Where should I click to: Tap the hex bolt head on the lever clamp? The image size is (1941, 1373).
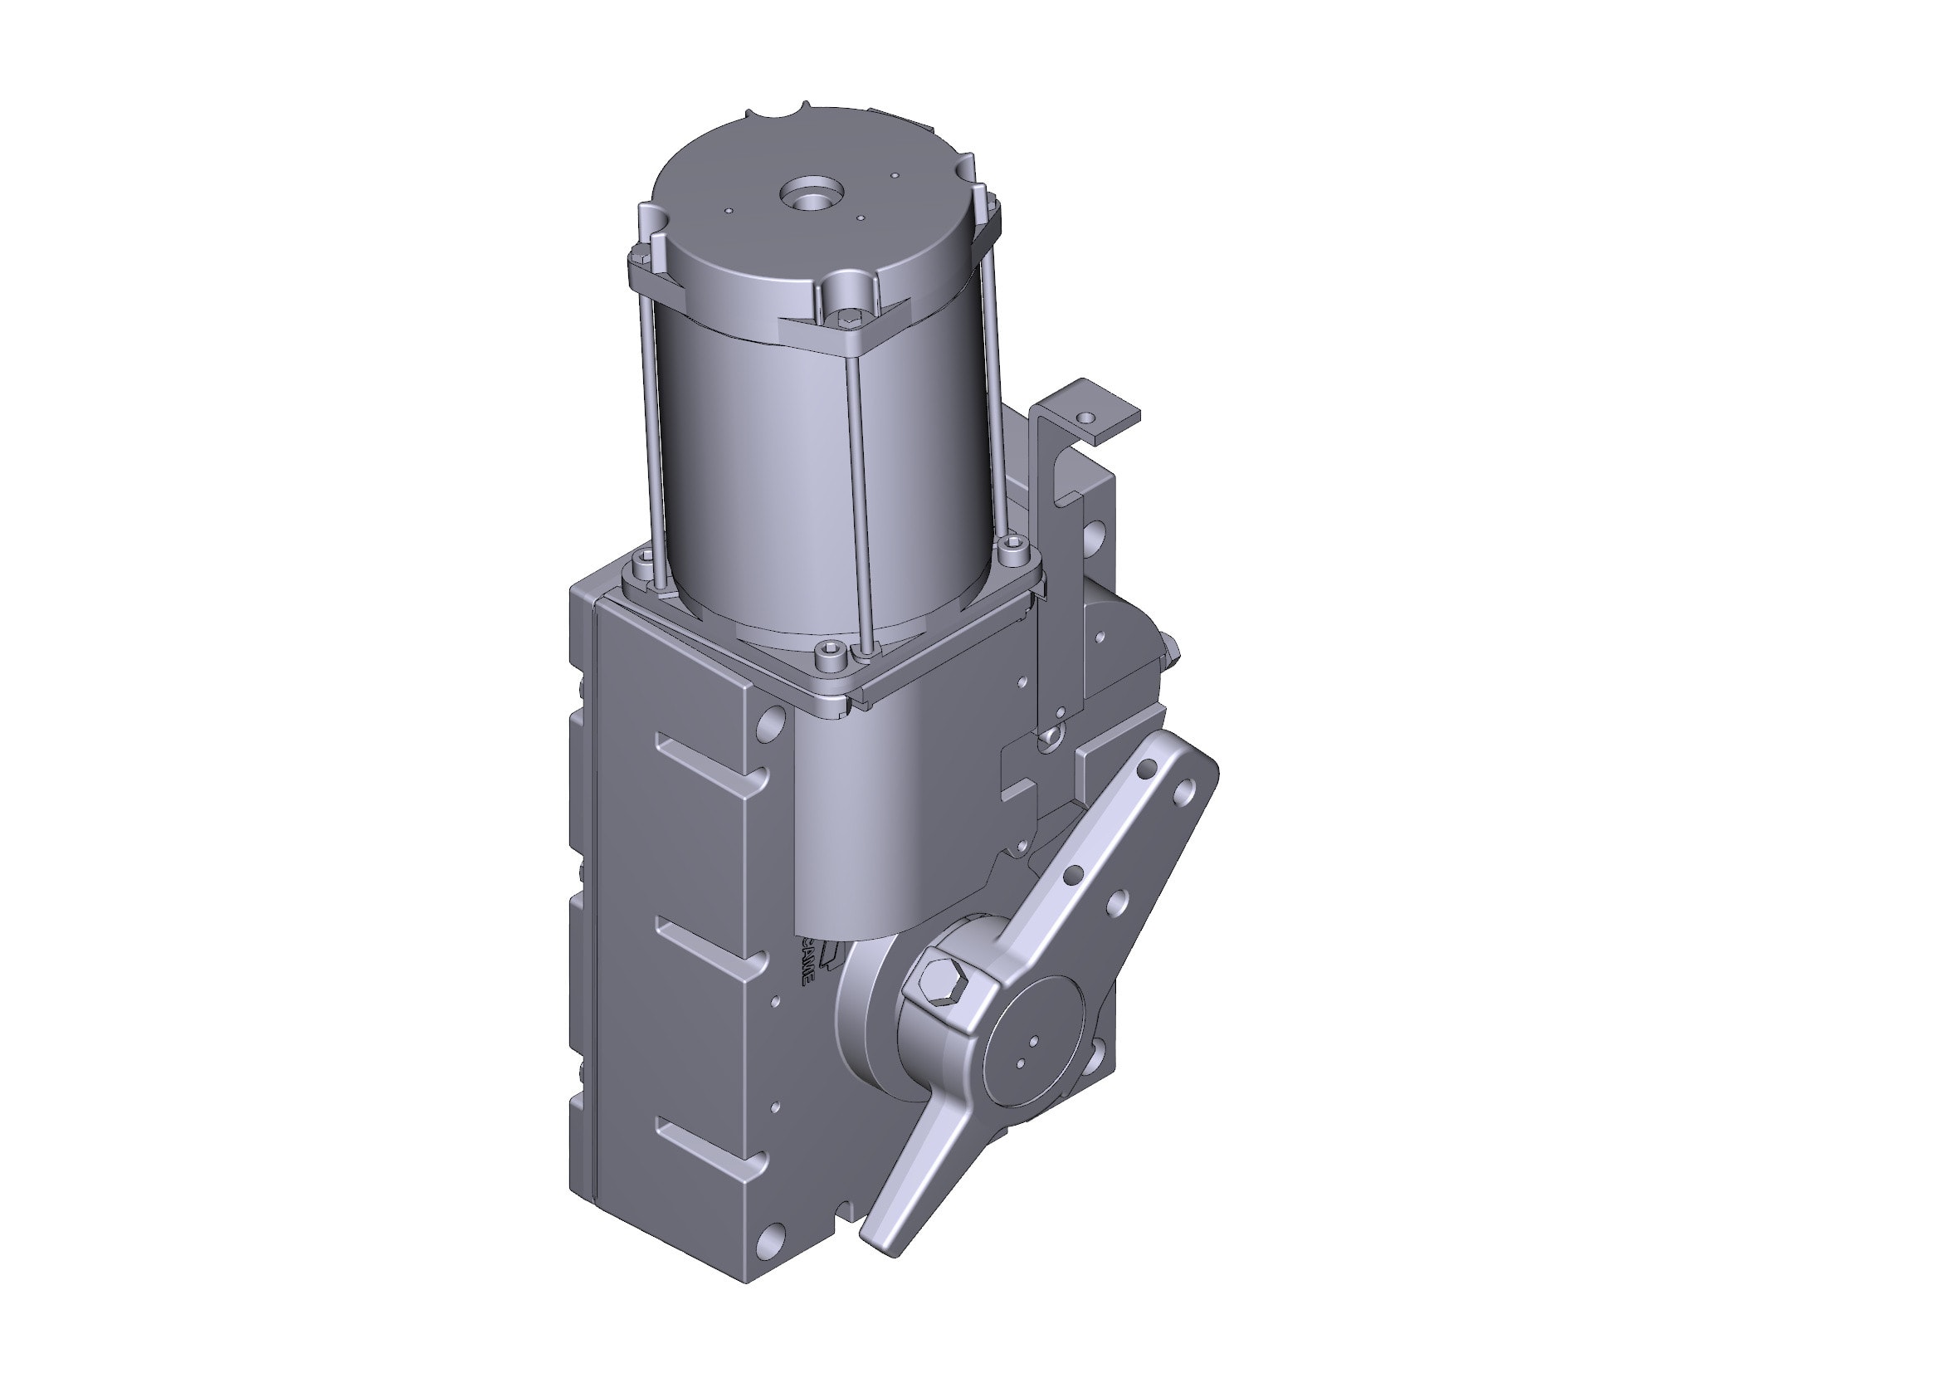(944, 985)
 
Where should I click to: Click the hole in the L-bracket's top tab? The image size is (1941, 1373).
(1085, 418)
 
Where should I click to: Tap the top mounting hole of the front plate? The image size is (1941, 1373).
(771, 723)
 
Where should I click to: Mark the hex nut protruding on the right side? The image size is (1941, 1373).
(1170, 650)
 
